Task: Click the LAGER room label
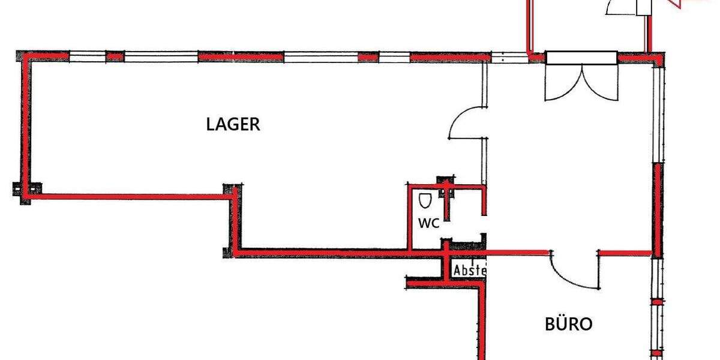pos(233,124)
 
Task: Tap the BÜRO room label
pos(568,325)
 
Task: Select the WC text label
pos(429,224)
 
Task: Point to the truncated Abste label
pos(469,271)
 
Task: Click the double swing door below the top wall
pos(581,83)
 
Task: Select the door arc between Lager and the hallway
pos(466,123)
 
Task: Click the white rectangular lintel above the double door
pos(581,58)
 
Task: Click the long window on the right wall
pos(658,114)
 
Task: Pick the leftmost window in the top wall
pos(88,58)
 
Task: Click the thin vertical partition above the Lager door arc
pos(484,84)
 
